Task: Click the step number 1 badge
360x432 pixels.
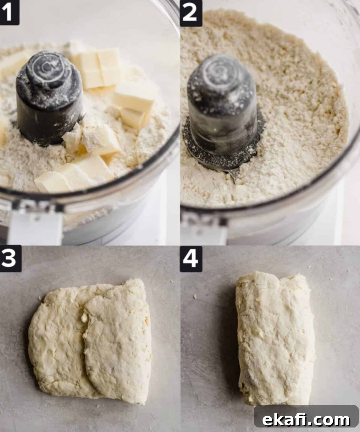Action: tap(10, 12)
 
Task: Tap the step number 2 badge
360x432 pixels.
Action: tap(191, 13)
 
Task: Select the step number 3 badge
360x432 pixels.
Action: tap(10, 258)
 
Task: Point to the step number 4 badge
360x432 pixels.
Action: tap(191, 259)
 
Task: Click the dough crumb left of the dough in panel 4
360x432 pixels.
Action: tap(195, 297)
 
